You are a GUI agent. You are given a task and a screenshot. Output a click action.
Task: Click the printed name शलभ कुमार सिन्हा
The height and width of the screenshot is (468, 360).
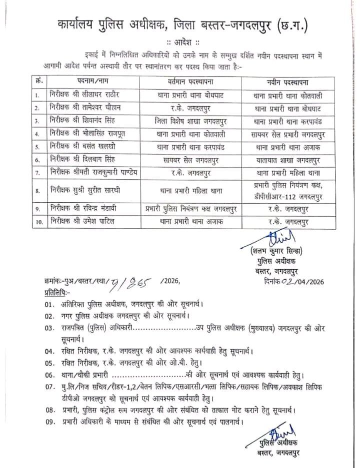278,251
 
